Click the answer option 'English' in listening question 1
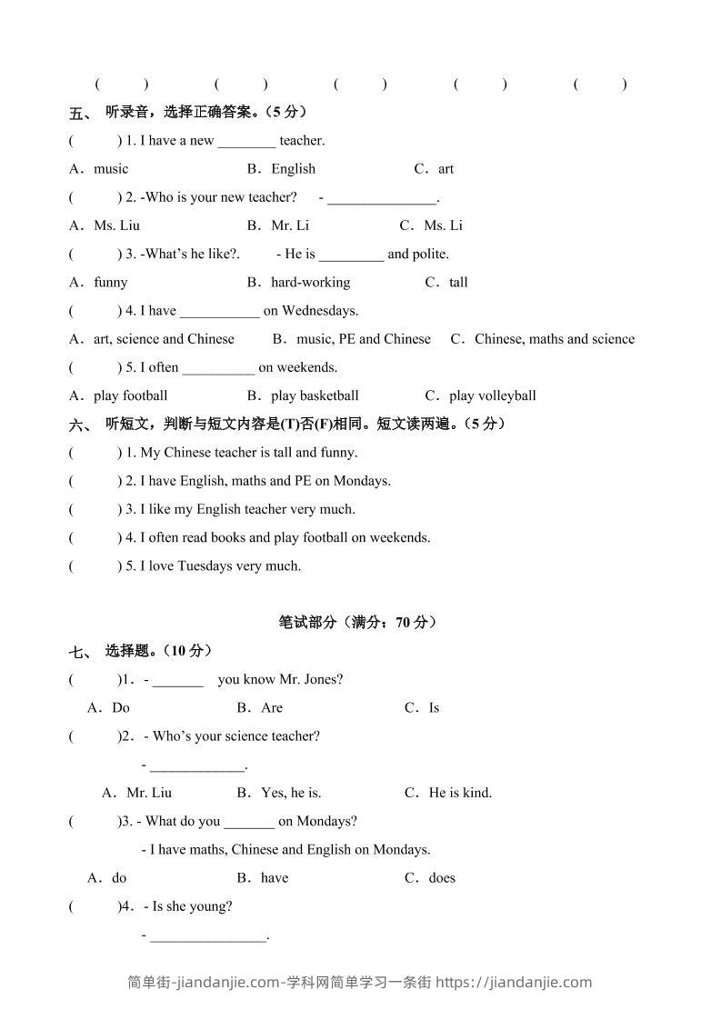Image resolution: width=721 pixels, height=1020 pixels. tap(293, 169)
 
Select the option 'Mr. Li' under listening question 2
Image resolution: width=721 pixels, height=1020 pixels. tap(290, 225)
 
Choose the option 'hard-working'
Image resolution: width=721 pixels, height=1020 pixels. tap(310, 283)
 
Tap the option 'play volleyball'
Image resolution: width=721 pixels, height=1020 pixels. tap(492, 396)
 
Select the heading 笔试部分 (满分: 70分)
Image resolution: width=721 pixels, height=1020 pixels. tap(358, 623)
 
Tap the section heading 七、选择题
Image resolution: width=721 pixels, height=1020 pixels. tap(140, 651)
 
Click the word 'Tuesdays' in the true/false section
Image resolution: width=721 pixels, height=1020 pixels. tap(205, 566)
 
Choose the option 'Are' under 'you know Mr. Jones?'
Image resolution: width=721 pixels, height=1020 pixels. tap(272, 708)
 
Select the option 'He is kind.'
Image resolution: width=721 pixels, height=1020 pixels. tap(460, 793)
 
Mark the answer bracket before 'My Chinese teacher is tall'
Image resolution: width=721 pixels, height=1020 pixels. tap(95, 453)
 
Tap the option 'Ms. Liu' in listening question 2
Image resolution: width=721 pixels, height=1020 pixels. tap(116, 225)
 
